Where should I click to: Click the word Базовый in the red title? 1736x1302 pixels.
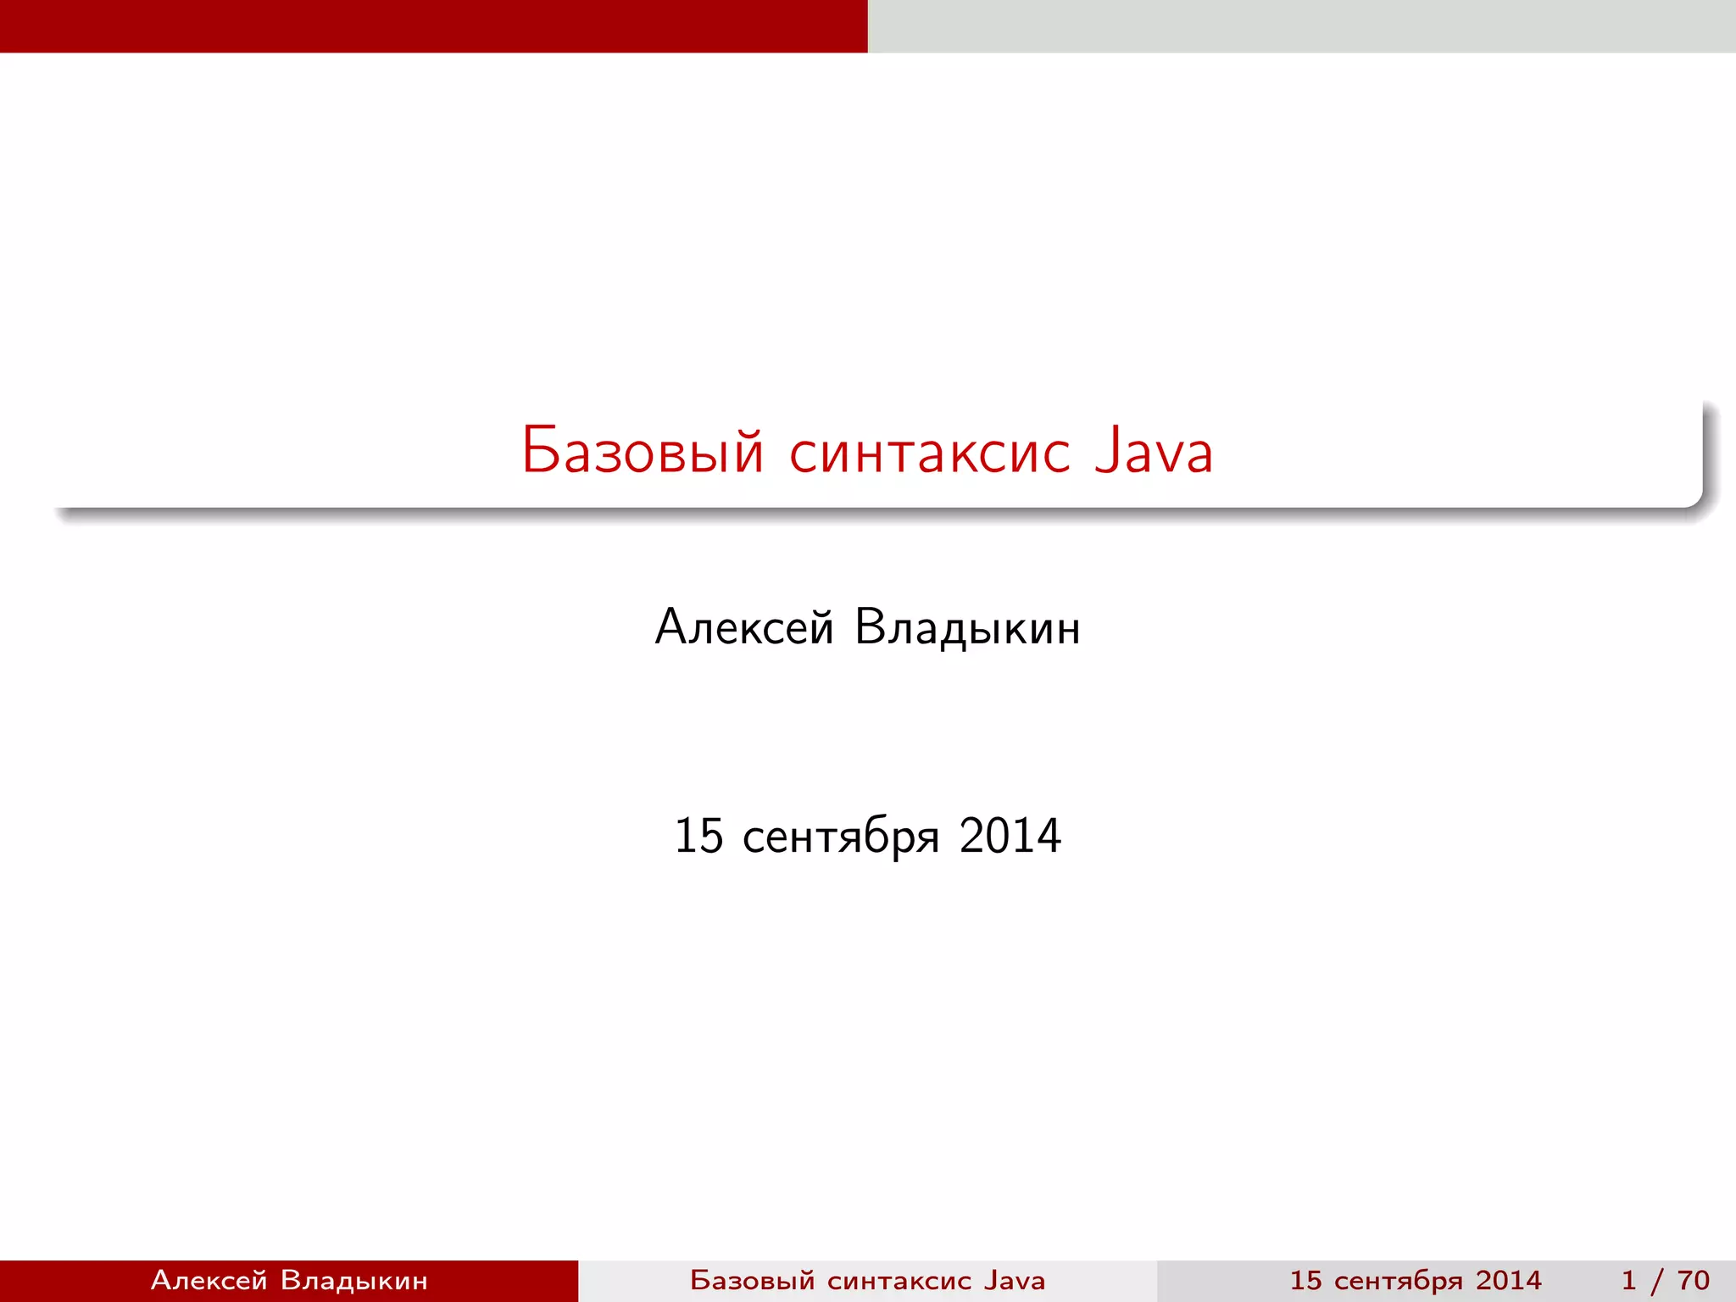(x=643, y=450)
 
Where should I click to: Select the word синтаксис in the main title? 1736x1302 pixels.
(x=930, y=452)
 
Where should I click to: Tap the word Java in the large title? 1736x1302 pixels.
(x=1154, y=450)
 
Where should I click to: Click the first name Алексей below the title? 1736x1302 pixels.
(x=744, y=628)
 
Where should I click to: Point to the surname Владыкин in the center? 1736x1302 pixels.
(x=967, y=628)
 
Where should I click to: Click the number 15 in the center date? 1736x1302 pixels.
(x=698, y=836)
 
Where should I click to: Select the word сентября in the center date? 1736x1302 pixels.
(x=841, y=837)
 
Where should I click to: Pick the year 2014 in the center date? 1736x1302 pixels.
(x=1010, y=836)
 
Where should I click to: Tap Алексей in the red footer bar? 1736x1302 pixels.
(x=209, y=1280)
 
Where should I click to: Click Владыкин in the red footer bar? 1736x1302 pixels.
(x=353, y=1280)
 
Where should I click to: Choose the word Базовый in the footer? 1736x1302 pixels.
(x=752, y=1280)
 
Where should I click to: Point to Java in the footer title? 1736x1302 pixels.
(x=1015, y=1280)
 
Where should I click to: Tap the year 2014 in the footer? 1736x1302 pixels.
(x=1509, y=1280)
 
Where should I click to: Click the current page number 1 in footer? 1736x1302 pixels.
(x=1628, y=1280)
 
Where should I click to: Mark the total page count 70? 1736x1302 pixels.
(x=1693, y=1280)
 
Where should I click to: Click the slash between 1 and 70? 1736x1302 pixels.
(x=1658, y=1280)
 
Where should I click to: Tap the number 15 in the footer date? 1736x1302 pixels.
(x=1305, y=1280)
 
